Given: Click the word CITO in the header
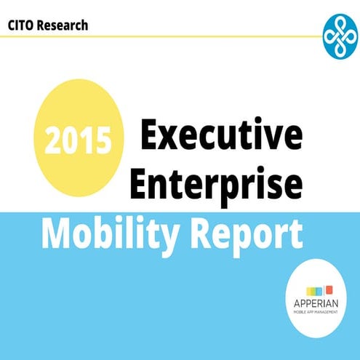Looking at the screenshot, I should coord(23,25).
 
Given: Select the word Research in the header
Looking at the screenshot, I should coord(63,25).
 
